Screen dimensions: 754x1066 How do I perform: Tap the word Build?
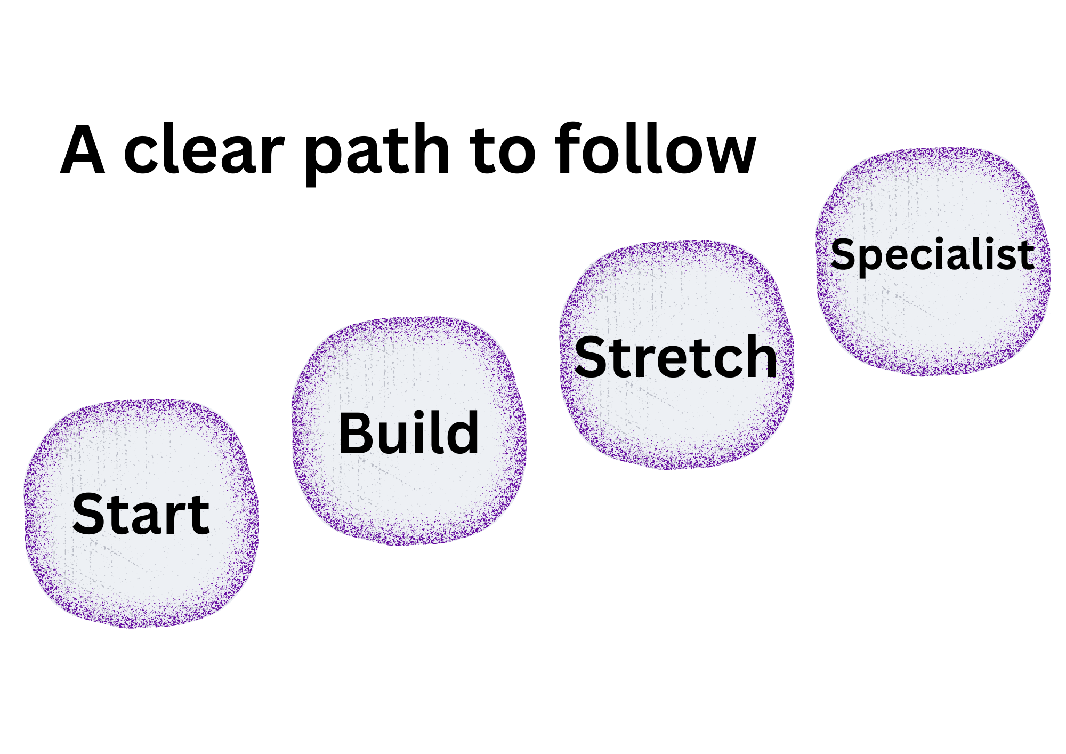tap(409, 433)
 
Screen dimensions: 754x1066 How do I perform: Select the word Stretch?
tap(675, 357)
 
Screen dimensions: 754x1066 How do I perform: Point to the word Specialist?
tap(932, 254)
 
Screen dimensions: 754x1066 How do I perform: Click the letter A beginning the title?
tap(83, 150)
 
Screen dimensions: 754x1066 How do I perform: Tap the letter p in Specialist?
tap(872, 259)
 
